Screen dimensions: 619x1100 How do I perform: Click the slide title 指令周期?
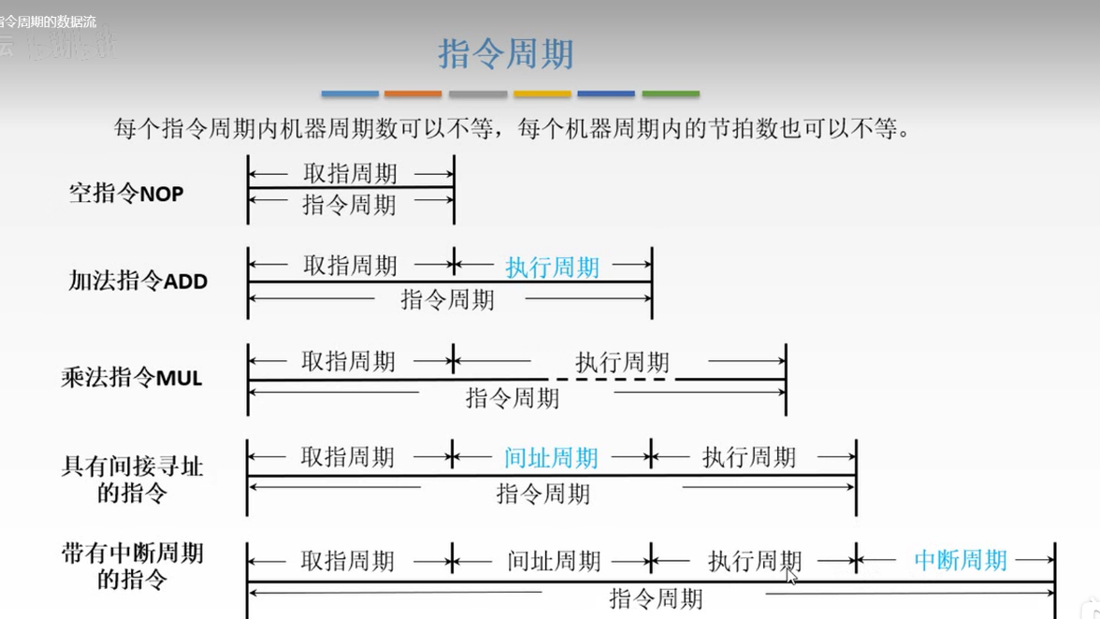(505, 54)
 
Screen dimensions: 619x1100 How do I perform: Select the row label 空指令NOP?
(126, 194)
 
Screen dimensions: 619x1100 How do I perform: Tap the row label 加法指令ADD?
(137, 281)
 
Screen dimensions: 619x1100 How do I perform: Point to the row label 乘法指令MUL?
(132, 378)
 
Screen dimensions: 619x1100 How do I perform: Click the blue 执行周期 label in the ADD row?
(552, 267)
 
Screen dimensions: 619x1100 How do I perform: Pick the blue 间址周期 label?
(551, 457)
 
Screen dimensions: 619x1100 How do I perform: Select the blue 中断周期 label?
(961, 560)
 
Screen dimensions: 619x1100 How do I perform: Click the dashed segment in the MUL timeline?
(612, 379)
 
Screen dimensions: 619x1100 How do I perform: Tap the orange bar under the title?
(412, 94)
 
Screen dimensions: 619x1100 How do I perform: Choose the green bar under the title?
(671, 94)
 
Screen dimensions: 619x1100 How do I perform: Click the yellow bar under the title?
(542, 94)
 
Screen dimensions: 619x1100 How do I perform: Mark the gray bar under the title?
(477, 94)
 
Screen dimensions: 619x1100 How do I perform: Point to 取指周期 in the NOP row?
(350, 173)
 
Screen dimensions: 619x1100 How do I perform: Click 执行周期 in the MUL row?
(622, 362)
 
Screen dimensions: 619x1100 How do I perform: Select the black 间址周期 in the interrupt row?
(554, 561)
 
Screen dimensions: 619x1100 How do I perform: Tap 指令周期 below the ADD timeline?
(447, 299)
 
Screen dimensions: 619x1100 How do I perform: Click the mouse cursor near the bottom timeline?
(791, 575)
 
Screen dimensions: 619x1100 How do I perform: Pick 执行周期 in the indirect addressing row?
(749, 457)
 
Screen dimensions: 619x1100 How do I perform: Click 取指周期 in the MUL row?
(349, 362)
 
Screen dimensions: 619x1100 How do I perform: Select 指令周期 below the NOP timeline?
(349, 205)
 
